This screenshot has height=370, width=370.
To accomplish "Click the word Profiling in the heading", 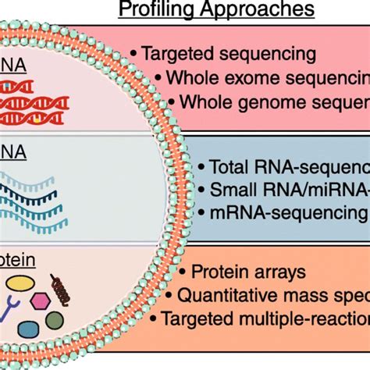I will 153,10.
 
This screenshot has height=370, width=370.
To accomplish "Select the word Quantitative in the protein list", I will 232,294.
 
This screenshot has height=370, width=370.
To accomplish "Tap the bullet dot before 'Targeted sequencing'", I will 133,54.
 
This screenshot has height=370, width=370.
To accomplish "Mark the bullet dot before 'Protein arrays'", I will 182,272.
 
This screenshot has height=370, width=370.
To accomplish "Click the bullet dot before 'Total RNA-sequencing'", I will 202,166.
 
